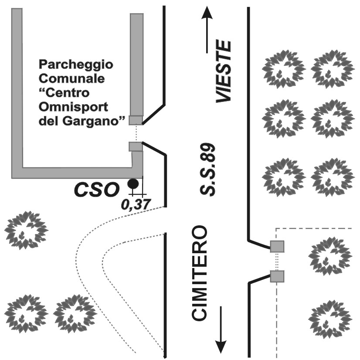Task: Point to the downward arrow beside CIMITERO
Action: click(x=221, y=329)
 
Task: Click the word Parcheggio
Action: click(x=76, y=65)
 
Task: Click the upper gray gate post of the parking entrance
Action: click(x=136, y=120)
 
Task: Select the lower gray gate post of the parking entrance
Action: click(x=136, y=146)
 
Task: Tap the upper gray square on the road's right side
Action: click(x=277, y=247)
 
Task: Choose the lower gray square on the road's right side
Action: click(x=277, y=276)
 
